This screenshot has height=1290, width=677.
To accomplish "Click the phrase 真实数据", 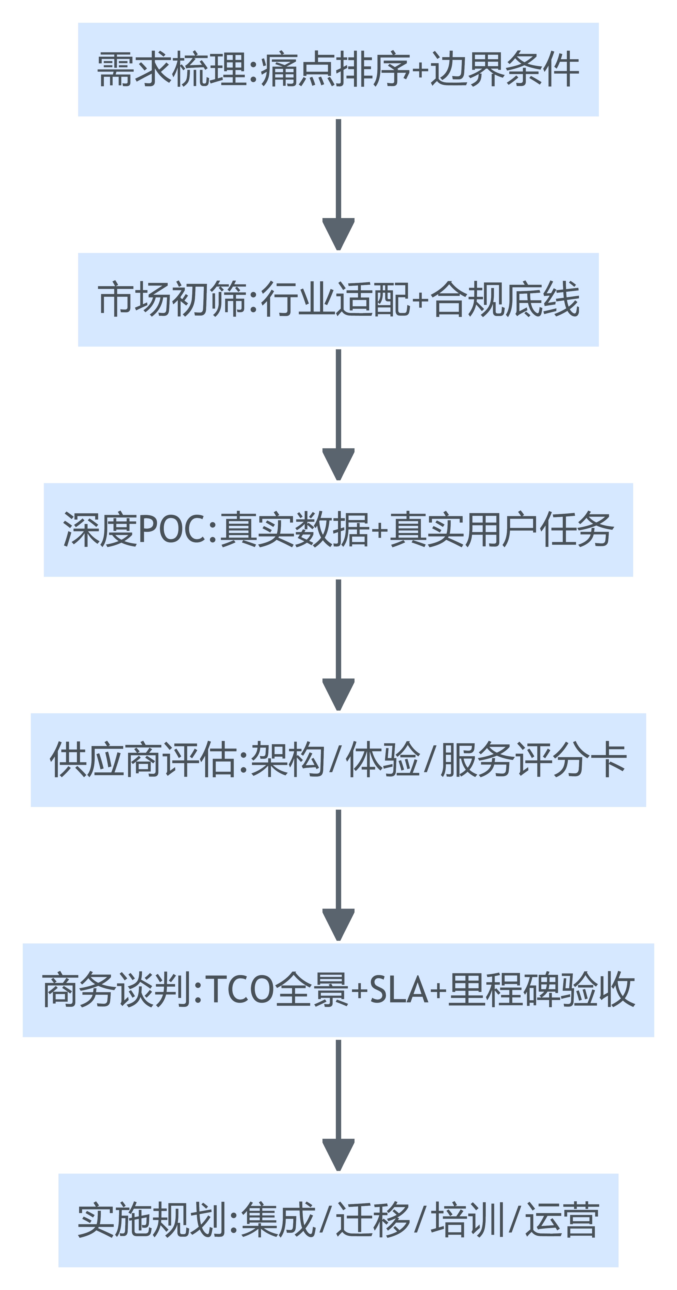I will pos(295,530).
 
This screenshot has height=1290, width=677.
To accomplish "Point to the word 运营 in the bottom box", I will pos(562,1221).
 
